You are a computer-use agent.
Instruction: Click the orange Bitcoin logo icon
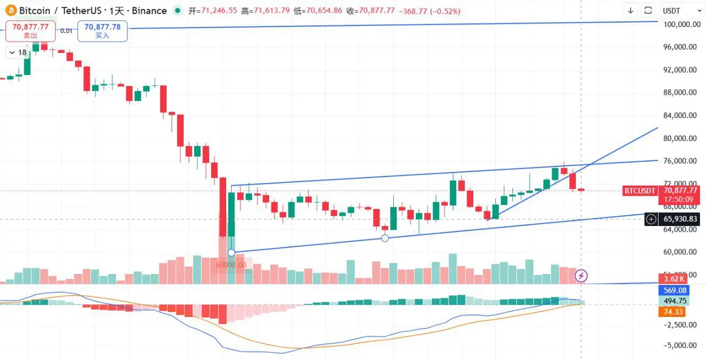tap(9, 10)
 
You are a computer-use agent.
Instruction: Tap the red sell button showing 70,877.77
tap(30, 30)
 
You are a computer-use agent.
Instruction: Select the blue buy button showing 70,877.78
tap(103, 30)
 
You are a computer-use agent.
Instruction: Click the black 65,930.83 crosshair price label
tap(680, 219)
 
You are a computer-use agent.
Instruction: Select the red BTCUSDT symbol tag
tap(640, 191)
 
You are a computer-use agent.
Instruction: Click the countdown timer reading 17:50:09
tap(679, 199)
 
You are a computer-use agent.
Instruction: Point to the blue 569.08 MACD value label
tap(676, 290)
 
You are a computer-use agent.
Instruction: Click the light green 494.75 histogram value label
tap(676, 300)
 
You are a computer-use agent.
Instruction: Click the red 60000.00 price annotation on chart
tap(231, 265)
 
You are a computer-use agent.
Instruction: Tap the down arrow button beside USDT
tap(631, 10)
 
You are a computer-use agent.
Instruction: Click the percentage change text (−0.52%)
tap(441, 11)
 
